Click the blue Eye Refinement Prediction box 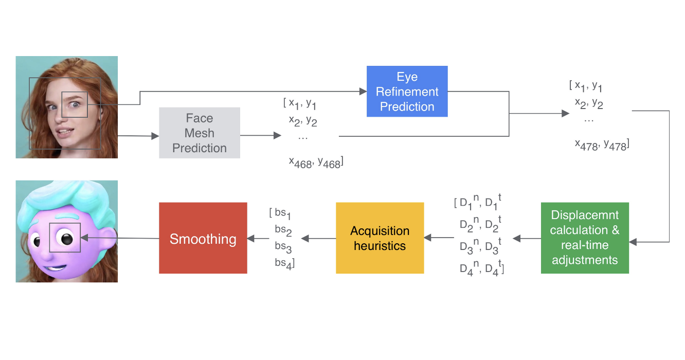coord(407,92)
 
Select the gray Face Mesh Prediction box coord(200,133)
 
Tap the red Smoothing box coord(203,238)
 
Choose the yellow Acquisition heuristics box coord(380,238)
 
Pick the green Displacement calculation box coord(585,238)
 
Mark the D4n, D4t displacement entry coord(480,269)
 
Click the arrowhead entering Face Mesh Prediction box coord(155,136)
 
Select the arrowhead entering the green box coord(633,241)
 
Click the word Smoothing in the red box coord(203,239)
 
